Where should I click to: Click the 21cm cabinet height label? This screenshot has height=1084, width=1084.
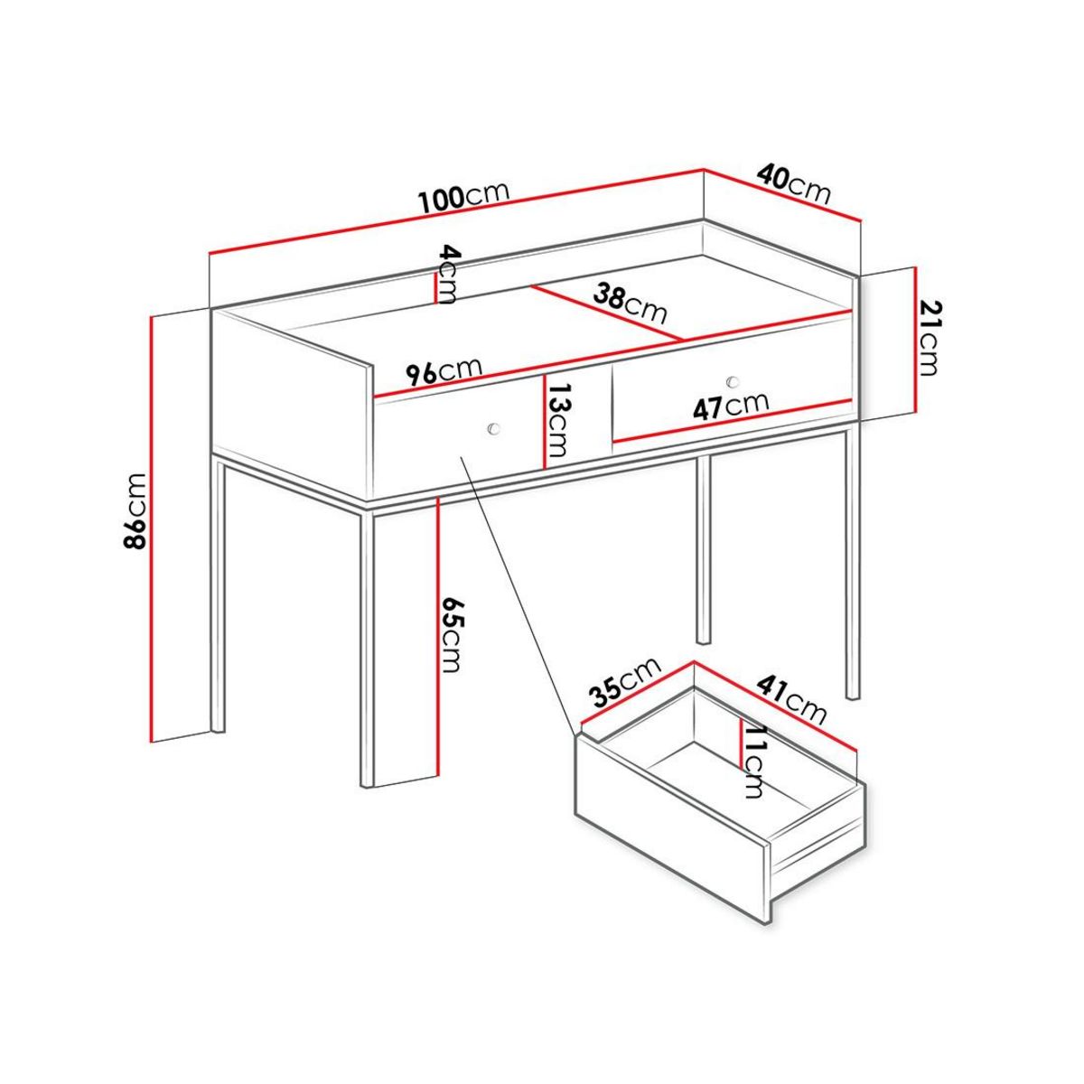pyautogui.click(x=930, y=338)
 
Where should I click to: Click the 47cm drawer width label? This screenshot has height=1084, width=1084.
pyautogui.click(x=730, y=406)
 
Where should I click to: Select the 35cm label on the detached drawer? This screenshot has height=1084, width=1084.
pyautogui.click(x=623, y=680)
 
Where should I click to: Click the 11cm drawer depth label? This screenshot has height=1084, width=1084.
pyautogui.click(x=752, y=761)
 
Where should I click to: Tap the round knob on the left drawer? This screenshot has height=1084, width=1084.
pyautogui.click(x=493, y=426)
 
